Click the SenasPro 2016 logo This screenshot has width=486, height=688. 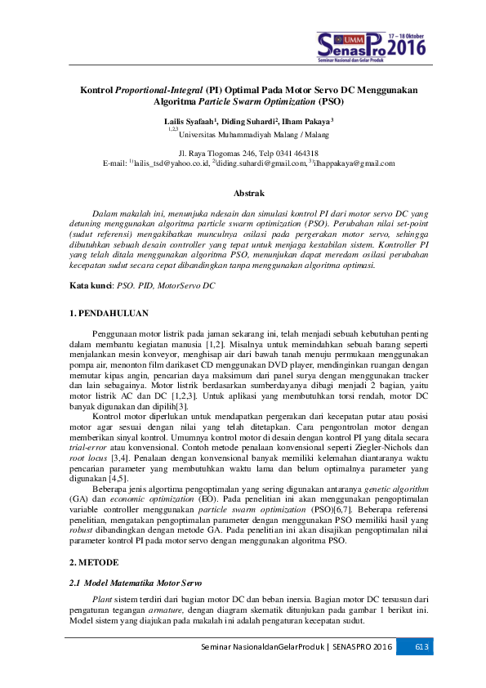(x=372, y=47)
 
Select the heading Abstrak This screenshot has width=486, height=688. (x=249, y=194)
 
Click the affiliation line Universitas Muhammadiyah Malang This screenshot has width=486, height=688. (x=239, y=134)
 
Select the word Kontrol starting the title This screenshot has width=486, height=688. (x=95, y=89)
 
